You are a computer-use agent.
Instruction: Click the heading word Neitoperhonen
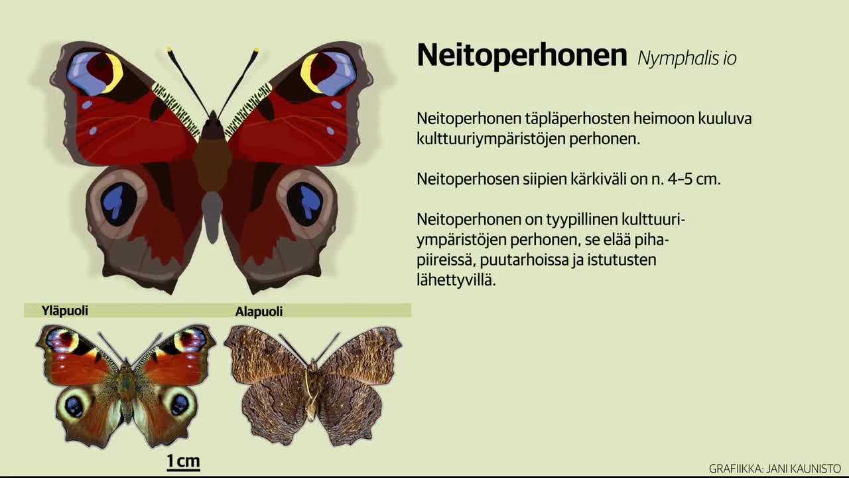click(522, 55)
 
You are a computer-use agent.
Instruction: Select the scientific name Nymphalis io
click(687, 58)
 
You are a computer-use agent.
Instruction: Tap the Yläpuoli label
click(65, 311)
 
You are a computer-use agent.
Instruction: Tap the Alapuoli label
click(259, 311)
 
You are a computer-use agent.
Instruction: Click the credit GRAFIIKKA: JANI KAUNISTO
click(775, 469)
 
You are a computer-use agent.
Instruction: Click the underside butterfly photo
click(313, 386)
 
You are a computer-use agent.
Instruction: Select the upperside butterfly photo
click(125, 386)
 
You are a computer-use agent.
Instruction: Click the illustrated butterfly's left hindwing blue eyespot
click(119, 204)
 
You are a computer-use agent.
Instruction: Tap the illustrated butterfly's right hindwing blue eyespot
click(304, 204)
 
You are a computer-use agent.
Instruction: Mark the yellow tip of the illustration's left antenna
click(169, 49)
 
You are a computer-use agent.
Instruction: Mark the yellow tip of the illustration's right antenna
click(257, 50)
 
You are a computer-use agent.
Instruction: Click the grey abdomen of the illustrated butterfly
click(212, 217)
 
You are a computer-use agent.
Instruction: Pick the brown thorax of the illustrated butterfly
click(212, 165)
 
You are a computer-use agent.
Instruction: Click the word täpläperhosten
click(576, 119)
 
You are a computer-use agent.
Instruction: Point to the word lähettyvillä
click(456, 280)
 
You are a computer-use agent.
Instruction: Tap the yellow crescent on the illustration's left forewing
click(115, 73)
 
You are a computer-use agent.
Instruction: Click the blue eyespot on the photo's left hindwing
click(74, 407)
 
